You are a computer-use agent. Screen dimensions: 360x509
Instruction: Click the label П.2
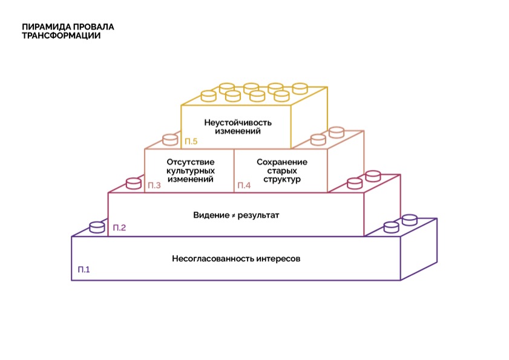[119, 227]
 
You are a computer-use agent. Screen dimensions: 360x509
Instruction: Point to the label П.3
[154, 185]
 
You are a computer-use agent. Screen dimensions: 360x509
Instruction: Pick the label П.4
[244, 185]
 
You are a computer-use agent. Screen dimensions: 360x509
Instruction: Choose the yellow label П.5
[191, 142]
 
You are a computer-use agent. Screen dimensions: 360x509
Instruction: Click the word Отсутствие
[189, 162]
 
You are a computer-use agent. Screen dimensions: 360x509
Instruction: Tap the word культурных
[189, 171]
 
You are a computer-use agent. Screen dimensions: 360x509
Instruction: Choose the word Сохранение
[282, 162]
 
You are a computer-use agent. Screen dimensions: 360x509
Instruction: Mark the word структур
[282, 180]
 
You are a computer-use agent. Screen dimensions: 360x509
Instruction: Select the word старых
[282, 171]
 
